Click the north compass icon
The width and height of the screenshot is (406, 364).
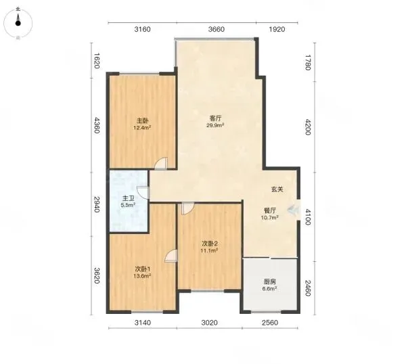[x=18, y=23]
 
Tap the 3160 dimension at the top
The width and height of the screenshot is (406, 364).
[x=142, y=29]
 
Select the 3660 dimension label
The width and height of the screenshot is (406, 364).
[x=217, y=29]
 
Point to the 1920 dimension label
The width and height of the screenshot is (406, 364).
[x=277, y=29]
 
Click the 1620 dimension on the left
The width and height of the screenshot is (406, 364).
[x=97, y=61]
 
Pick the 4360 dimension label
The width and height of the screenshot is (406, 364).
[x=97, y=125]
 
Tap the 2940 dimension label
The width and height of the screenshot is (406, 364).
[x=97, y=204]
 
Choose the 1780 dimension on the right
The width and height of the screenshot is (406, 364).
[x=307, y=62]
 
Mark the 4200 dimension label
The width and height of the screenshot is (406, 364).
[x=307, y=127]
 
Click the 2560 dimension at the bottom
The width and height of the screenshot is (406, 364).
[x=270, y=323]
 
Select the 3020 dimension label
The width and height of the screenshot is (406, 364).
[x=209, y=323]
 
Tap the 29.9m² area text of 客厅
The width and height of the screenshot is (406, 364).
[x=215, y=125]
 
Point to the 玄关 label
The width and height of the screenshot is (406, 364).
[x=277, y=189]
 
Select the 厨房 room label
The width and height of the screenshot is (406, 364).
[x=269, y=281]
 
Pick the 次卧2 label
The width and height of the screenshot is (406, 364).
[x=209, y=244]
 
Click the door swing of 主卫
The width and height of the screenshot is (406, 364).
[x=143, y=192]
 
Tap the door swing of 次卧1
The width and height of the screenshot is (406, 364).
[x=172, y=256]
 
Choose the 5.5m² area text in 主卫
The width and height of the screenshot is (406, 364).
[x=128, y=205]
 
